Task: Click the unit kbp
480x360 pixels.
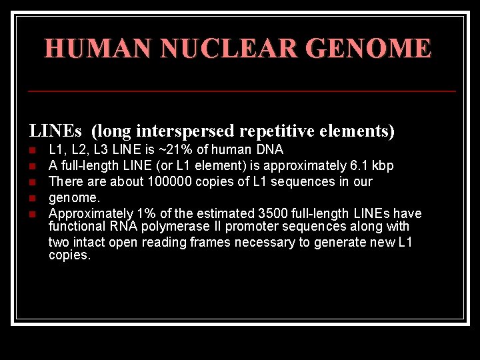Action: tap(383, 165)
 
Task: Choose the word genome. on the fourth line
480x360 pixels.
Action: tap(74, 197)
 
